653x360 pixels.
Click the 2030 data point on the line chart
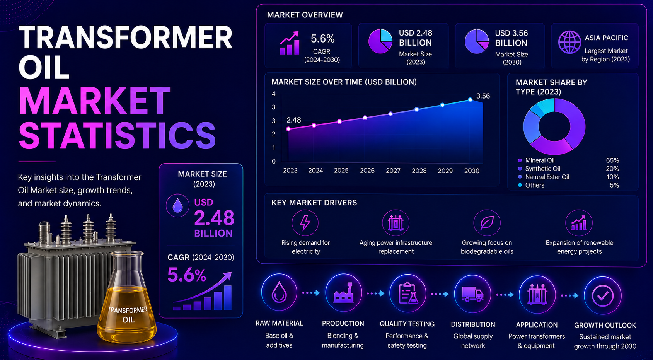click(470, 100)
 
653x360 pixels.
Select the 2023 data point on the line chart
click(288, 129)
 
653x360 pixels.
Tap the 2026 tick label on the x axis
click(367, 171)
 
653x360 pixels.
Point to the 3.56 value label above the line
click(483, 96)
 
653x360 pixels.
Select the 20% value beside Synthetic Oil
click(612, 169)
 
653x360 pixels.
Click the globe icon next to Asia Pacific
click(569, 42)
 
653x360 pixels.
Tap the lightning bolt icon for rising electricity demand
click(305, 223)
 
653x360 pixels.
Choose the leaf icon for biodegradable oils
click(487, 223)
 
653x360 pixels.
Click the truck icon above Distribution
click(472, 294)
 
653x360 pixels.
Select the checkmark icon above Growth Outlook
click(603, 296)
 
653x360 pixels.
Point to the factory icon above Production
click(343, 293)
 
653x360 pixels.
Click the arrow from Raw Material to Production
click(311, 293)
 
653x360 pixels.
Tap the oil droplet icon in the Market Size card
click(177, 205)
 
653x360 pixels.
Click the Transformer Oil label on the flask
click(128, 314)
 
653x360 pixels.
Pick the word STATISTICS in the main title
click(117, 136)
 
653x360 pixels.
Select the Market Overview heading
click(305, 15)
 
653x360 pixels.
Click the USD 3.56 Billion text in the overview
click(511, 38)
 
